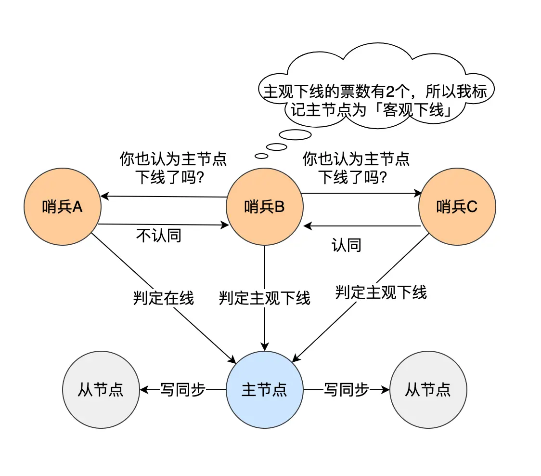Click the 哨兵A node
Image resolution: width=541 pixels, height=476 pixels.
point(62,207)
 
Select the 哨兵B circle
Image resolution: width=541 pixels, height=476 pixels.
point(264,207)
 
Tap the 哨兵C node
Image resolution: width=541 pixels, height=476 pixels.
point(457,207)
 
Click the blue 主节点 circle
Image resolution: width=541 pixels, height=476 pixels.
point(264,389)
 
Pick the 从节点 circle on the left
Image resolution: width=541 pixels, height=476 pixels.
point(101,389)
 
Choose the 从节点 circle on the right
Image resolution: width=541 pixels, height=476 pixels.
point(428,389)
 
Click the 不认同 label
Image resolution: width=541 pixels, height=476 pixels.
point(159,236)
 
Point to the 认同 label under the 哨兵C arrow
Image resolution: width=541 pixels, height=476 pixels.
point(346,245)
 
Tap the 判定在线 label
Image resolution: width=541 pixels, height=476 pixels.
point(163,298)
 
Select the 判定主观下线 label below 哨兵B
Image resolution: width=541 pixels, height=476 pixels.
point(264,298)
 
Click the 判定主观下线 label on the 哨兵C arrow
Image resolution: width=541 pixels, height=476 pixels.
point(381,292)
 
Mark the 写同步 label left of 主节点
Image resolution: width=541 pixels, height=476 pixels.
point(182,389)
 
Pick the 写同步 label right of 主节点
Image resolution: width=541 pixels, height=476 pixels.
point(346,389)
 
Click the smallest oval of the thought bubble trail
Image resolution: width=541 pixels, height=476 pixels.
point(261,156)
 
